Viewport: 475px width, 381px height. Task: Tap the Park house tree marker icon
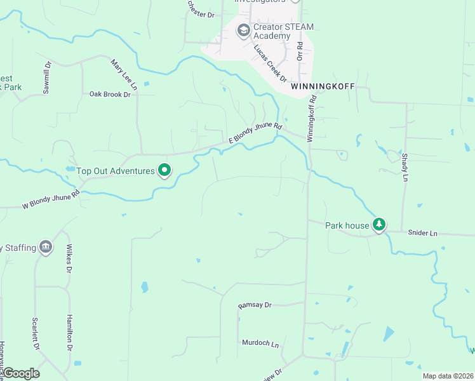pos(379,224)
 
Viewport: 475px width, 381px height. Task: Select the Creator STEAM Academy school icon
pos(243,30)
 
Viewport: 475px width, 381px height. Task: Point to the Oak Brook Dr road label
pos(110,94)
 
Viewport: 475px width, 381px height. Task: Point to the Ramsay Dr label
pos(255,305)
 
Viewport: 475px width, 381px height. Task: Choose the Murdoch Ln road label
pos(260,343)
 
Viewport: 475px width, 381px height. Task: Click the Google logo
pos(21,373)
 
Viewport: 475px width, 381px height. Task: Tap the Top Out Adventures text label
pos(116,171)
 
